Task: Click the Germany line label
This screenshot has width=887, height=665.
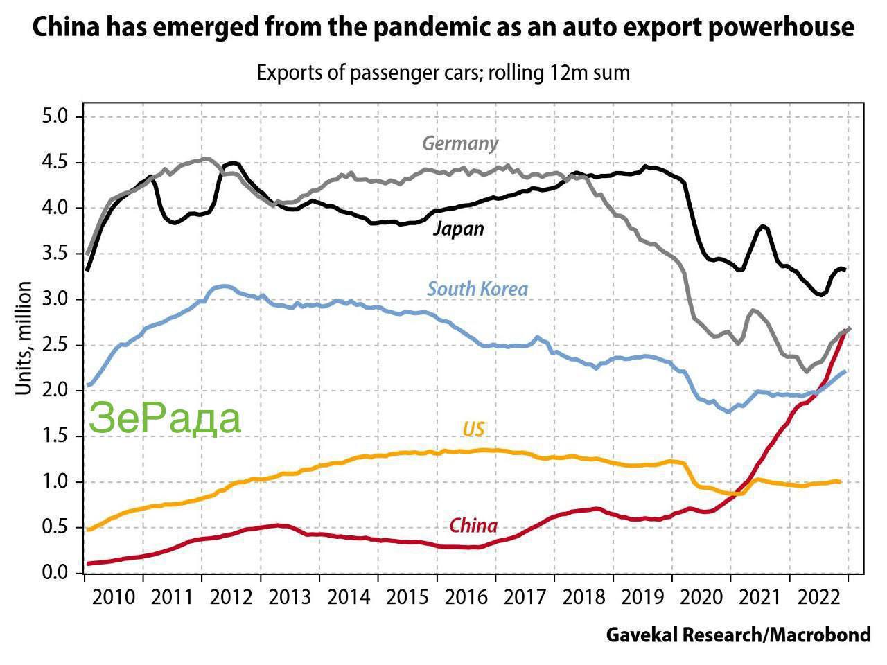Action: tap(460, 143)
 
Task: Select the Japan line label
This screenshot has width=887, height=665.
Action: tap(458, 229)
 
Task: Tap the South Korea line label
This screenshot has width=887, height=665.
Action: tap(477, 289)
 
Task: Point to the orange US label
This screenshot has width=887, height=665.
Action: tap(473, 429)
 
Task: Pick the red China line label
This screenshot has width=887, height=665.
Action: tap(473, 526)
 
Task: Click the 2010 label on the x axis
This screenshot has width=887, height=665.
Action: tap(113, 596)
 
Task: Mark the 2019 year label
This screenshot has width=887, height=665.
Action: tap(642, 596)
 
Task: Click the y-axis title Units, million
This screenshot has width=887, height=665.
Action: tap(24, 338)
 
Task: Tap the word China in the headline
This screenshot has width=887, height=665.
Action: tap(66, 28)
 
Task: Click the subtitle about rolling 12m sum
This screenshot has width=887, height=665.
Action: tap(443, 72)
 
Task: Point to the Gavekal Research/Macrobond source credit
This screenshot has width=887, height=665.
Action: tap(738, 635)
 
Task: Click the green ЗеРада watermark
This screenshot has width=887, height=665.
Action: tap(165, 418)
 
